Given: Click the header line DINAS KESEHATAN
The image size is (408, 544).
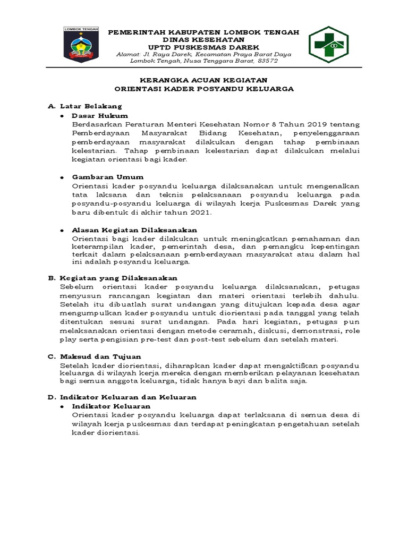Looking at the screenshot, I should [203, 40].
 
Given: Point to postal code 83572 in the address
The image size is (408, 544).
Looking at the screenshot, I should [266, 61].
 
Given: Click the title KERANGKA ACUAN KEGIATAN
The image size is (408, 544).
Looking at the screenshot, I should [204, 80].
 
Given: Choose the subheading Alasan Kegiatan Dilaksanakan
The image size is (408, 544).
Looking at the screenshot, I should [134, 230].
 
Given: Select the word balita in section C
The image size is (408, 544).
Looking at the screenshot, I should [285, 381].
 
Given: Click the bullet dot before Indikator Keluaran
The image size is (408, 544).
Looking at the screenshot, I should [62, 406].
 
